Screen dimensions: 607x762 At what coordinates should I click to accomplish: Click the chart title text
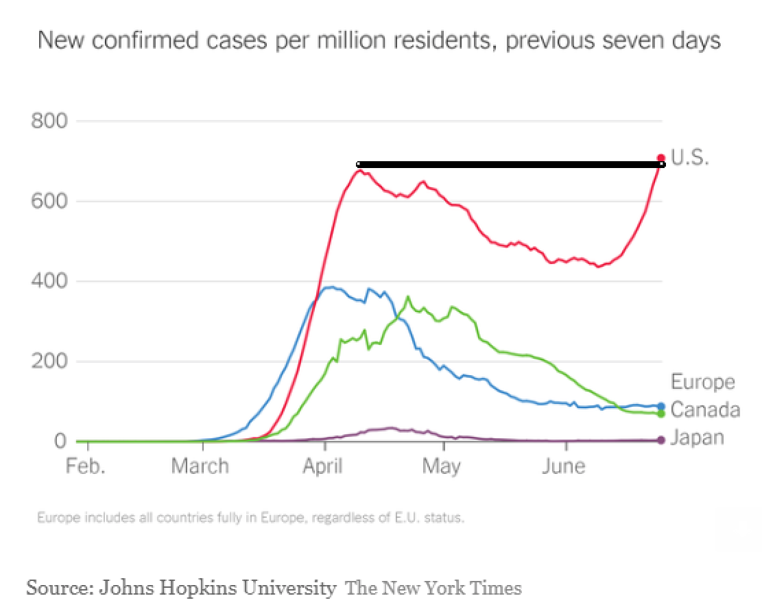[379, 40]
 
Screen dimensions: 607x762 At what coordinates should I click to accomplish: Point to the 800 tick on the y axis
[49, 121]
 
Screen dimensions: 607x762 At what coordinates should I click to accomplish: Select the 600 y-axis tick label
[49, 202]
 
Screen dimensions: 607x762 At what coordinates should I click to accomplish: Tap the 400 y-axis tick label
[49, 282]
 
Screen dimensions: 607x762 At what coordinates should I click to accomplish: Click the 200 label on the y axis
[49, 361]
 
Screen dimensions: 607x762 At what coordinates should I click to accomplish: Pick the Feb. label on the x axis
[86, 467]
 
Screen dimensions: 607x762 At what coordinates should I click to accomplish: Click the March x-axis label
[200, 467]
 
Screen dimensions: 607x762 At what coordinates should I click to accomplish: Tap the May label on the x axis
[441, 467]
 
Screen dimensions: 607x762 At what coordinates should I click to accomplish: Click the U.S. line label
[689, 158]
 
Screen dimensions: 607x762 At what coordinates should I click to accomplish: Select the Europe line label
[702, 382]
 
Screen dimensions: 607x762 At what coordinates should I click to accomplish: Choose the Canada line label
[705, 410]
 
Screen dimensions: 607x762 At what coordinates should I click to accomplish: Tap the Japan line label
[697, 438]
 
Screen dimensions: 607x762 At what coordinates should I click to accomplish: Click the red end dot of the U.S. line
[661, 158]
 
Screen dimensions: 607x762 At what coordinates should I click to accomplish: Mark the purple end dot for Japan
[661, 440]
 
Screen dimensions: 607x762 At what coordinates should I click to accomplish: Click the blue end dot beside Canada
[661, 406]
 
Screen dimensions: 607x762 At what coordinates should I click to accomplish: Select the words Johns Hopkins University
[218, 588]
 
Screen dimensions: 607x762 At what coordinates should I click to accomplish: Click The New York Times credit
[433, 588]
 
